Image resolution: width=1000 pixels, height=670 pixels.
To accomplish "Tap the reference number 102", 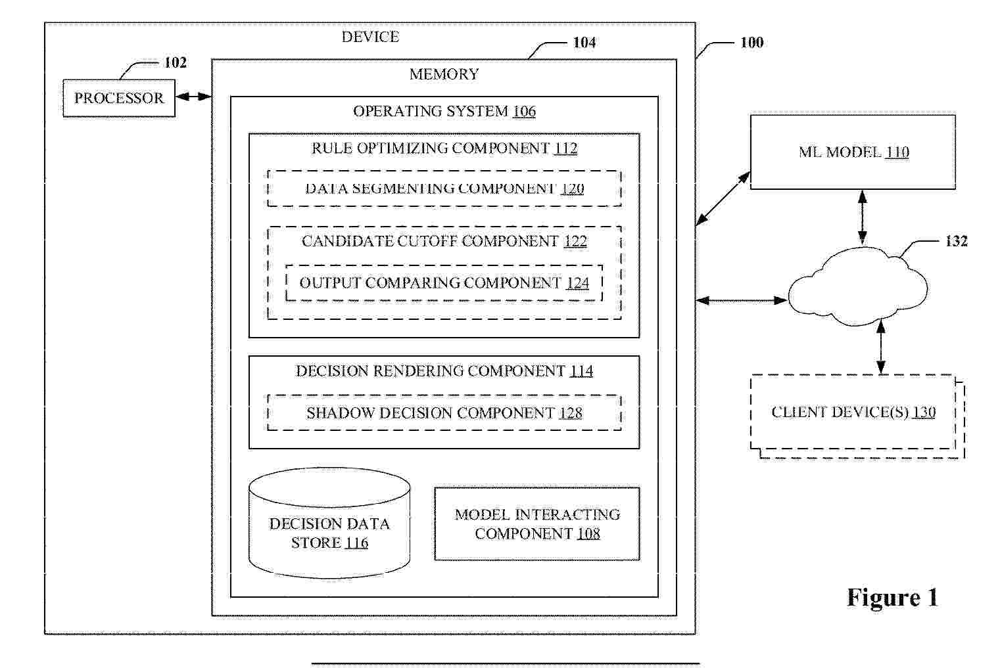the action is click(x=176, y=62).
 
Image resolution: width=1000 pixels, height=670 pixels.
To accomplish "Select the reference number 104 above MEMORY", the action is click(x=584, y=43).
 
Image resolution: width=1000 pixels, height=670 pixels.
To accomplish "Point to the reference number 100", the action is click(x=751, y=43).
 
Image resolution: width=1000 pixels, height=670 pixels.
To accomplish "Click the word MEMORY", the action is click(x=444, y=74).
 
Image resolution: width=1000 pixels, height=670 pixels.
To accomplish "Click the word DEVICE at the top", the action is click(x=370, y=37).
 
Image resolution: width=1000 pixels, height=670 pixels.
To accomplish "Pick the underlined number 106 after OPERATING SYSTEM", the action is click(x=524, y=111).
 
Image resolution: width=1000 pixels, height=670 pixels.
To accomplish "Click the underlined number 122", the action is click(x=575, y=241).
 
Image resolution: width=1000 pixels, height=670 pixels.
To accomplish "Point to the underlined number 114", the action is click(x=581, y=371).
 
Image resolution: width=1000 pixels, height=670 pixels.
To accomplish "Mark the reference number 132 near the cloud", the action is click(x=956, y=241).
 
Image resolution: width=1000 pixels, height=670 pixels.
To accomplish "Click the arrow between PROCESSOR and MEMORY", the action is click(x=193, y=97).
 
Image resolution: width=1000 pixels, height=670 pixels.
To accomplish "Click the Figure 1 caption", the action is click(x=892, y=598).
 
